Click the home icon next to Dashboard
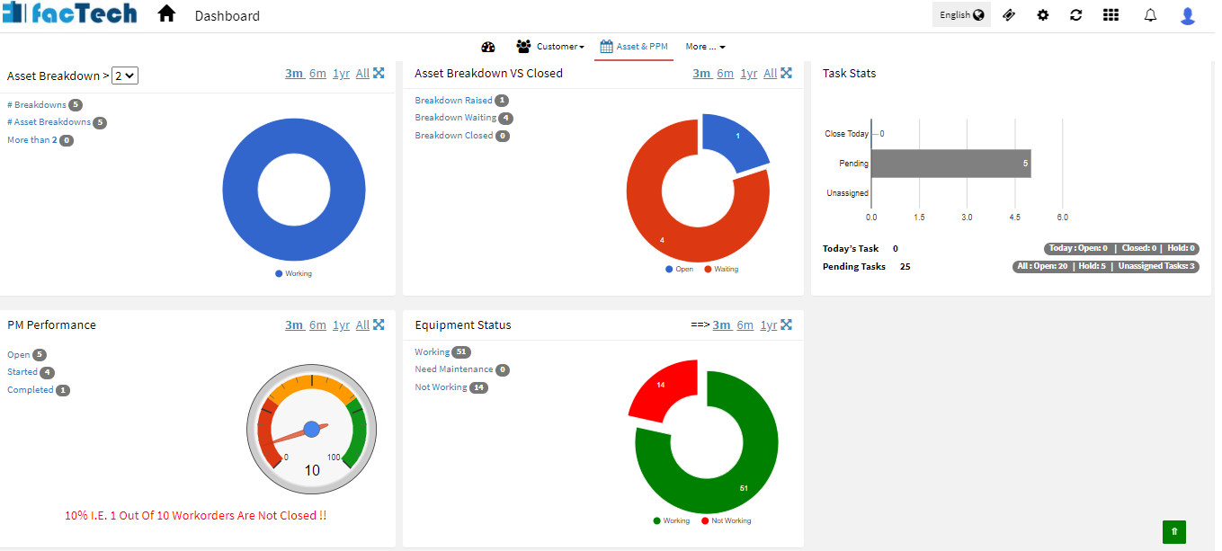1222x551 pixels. click(166, 14)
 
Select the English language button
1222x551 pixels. click(961, 14)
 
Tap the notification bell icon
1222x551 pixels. click(1150, 15)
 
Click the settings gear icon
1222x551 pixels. click(1043, 15)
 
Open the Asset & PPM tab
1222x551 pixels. click(634, 47)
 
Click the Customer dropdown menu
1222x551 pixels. click(550, 47)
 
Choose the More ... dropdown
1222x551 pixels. click(705, 47)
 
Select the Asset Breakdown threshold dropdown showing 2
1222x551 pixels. click(125, 76)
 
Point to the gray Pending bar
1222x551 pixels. click(950, 164)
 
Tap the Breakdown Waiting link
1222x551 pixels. click(455, 118)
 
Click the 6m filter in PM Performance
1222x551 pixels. click(317, 325)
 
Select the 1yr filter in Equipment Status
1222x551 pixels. click(768, 325)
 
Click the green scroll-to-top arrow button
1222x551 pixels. click(1173, 531)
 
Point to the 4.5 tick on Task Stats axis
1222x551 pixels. click(1014, 218)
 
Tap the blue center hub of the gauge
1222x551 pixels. click(312, 429)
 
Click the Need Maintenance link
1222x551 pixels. click(453, 369)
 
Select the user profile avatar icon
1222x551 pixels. click(1188, 15)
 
